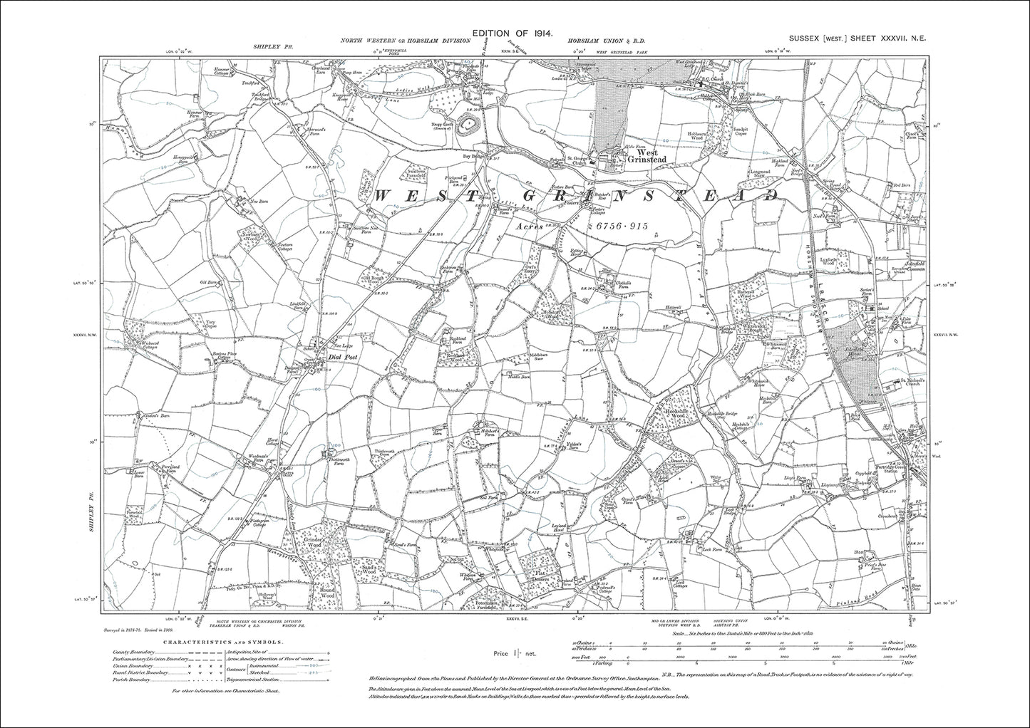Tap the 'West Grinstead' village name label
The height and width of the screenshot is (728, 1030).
coord(651,156)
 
